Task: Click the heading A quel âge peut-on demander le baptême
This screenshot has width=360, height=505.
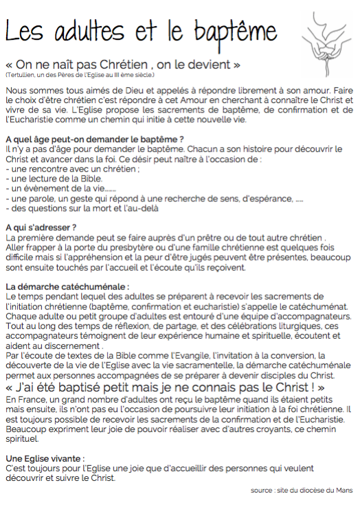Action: (x=94, y=139)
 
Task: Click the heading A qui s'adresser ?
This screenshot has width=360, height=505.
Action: (x=41, y=227)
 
